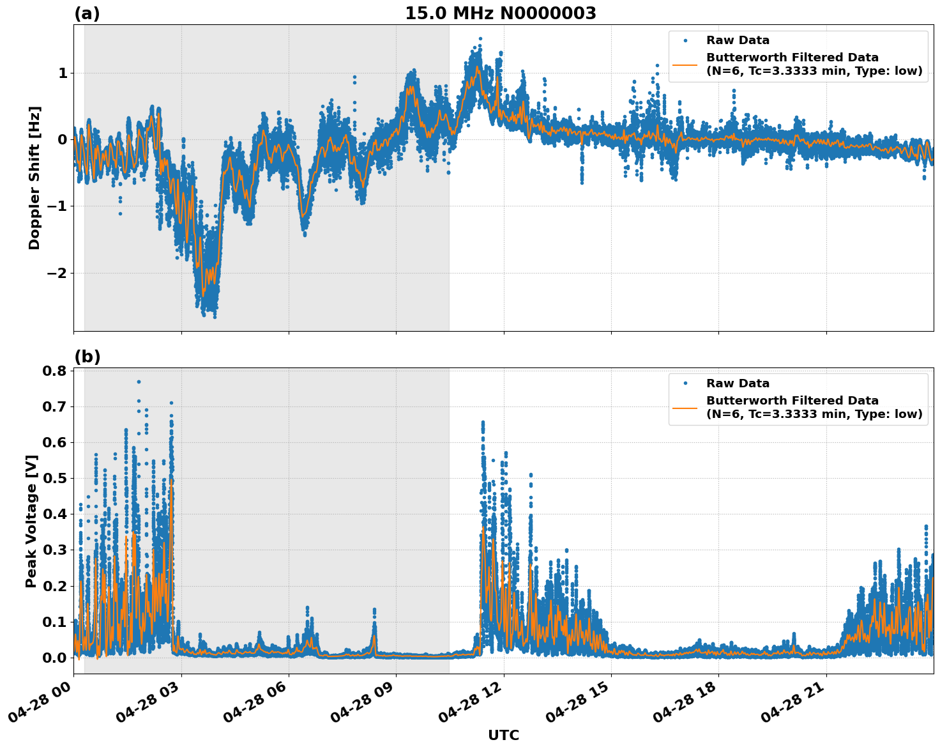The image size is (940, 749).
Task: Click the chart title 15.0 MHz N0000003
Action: click(x=500, y=13)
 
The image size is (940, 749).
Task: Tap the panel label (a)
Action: click(x=87, y=13)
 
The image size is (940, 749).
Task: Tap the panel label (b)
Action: click(x=87, y=357)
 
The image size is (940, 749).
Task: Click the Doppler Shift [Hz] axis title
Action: click(x=34, y=178)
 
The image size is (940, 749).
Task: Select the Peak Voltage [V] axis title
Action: click(x=31, y=521)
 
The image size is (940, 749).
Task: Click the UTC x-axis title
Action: click(x=503, y=735)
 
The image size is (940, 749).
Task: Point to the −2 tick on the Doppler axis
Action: click(x=57, y=273)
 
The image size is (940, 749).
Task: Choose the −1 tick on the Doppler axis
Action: click(x=57, y=206)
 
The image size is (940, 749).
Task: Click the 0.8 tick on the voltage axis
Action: click(x=54, y=371)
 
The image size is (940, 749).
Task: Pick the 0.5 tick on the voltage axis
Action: click(x=54, y=479)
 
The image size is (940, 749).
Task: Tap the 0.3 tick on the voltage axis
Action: click(x=54, y=550)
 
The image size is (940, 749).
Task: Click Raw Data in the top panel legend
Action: click(x=738, y=40)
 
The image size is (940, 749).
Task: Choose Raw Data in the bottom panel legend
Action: click(x=738, y=383)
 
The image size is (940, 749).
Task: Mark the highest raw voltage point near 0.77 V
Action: click(x=139, y=382)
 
